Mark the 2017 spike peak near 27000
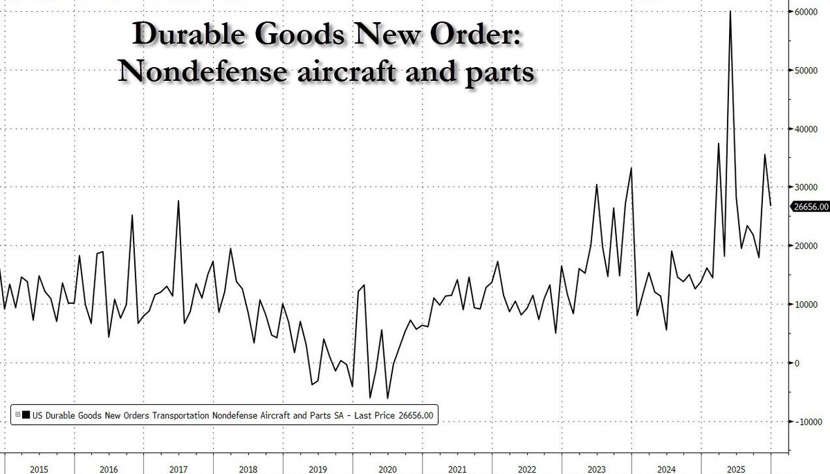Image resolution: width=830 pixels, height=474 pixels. click(x=178, y=201)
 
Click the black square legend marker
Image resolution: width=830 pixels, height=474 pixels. click(x=26, y=414)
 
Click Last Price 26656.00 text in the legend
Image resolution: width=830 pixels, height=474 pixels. click(x=394, y=414)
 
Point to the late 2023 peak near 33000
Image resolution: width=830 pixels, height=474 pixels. click(x=631, y=168)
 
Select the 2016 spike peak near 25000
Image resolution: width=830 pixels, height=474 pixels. click(x=132, y=215)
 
